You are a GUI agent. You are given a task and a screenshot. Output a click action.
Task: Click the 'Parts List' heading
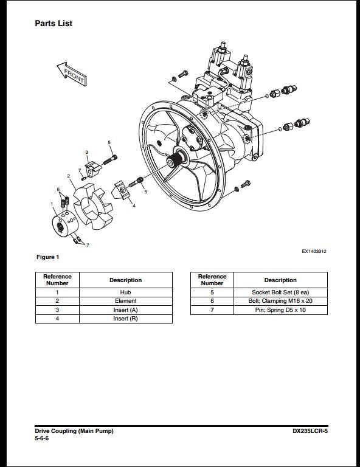[x=54, y=23]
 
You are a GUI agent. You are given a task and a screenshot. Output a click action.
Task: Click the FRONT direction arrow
[x=72, y=74]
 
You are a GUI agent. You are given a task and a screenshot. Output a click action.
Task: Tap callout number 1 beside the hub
[x=52, y=204]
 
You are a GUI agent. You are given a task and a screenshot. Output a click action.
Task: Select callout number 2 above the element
[x=69, y=176]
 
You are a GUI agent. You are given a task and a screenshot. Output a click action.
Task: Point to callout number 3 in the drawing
[x=86, y=152]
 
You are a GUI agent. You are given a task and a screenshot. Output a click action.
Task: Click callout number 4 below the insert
[x=134, y=206]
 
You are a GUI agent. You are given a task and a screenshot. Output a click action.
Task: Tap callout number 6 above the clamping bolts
[x=58, y=190]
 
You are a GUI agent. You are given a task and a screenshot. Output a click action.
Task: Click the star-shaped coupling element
[x=93, y=206]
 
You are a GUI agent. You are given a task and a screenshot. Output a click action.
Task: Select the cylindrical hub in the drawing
[x=65, y=224]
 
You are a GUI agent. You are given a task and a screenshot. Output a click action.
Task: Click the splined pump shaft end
[x=174, y=161]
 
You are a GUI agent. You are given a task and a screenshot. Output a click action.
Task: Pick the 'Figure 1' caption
[x=47, y=257]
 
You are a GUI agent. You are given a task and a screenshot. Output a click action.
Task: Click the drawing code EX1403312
[x=314, y=251]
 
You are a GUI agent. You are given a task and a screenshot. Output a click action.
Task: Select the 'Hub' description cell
[x=126, y=292]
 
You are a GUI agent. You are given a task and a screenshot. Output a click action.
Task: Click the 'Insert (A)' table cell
[x=126, y=310]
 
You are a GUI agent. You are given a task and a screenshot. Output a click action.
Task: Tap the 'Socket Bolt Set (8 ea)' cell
[x=280, y=292]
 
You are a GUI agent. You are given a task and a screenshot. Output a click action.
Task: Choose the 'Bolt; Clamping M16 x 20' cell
[x=280, y=301]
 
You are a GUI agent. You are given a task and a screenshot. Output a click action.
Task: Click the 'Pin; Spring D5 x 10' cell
[x=280, y=310]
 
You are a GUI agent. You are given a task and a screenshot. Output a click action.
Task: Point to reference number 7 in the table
[x=212, y=310]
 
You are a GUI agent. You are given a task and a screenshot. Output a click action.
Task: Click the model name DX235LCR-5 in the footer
[x=310, y=431]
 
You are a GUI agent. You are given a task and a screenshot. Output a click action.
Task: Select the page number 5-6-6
[x=42, y=438]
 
